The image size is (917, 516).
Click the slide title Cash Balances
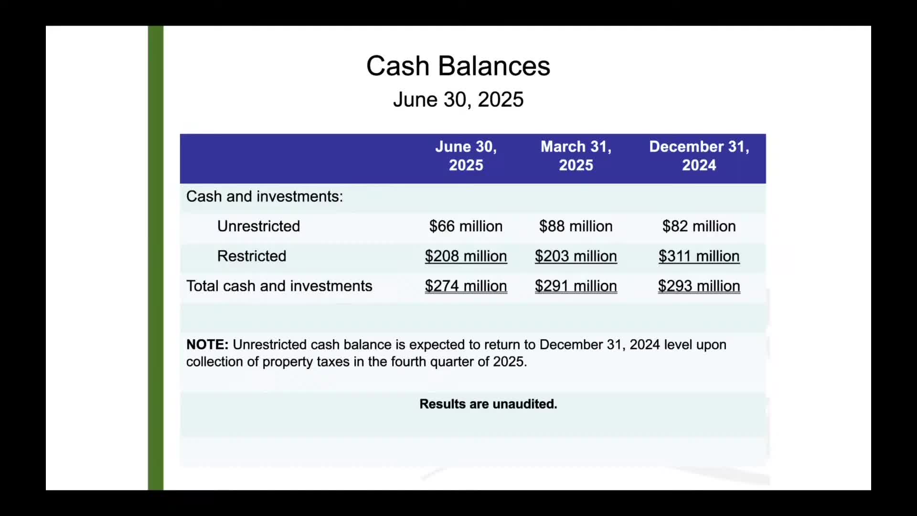pyautogui.click(x=458, y=65)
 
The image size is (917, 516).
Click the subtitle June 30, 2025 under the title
pyautogui.click(x=458, y=99)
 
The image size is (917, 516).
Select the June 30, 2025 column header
pyautogui.click(x=466, y=156)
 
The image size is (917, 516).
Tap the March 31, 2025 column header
pyautogui.click(x=576, y=156)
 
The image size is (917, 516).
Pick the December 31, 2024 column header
pyautogui.click(x=699, y=156)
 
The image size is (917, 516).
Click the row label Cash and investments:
pyautogui.click(x=265, y=196)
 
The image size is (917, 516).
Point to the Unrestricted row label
pyautogui.click(x=258, y=226)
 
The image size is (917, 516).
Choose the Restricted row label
pyautogui.click(x=252, y=256)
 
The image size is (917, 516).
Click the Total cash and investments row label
pyautogui.click(x=279, y=286)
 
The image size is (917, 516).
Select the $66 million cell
pyautogui.click(x=466, y=226)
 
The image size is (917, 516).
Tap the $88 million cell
pyautogui.click(x=576, y=226)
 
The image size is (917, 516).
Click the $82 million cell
pyautogui.click(x=699, y=226)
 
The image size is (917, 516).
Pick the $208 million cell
pyautogui.click(x=466, y=256)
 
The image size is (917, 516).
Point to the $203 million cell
pyautogui.click(x=576, y=256)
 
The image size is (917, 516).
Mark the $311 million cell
pyautogui.click(x=699, y=256)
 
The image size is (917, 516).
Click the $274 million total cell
pyautogui.click(x=466, y=286)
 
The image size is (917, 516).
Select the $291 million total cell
pyautogui.click(x=576, y=286)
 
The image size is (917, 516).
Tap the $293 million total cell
pyautogui.click(x=699, y=286)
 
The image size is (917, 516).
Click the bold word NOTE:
pyautogui.click(x=207, y=344)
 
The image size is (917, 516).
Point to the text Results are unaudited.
pyautogui.click(x=488, y=404)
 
